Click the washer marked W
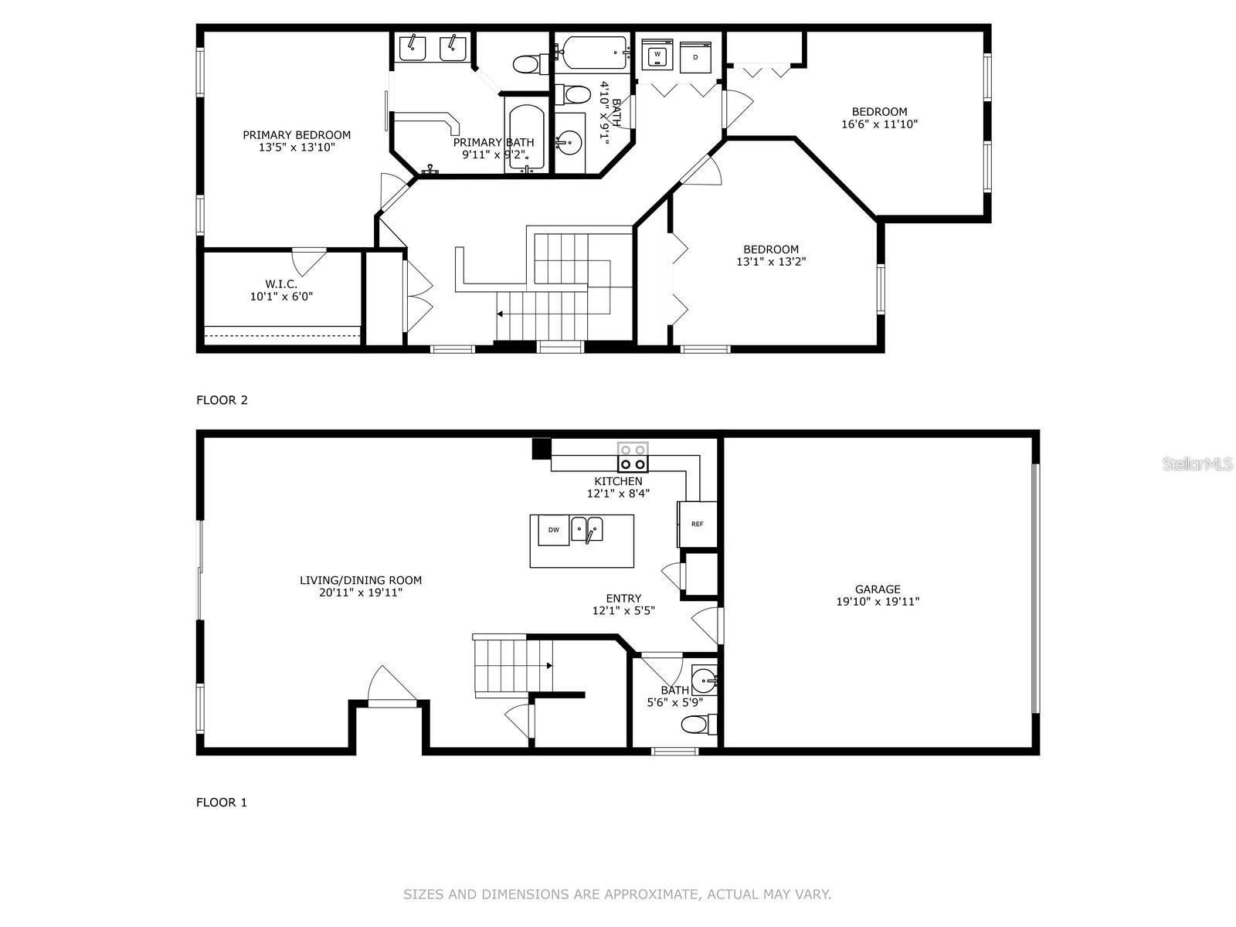pos(657,55)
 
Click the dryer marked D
pos(695,57)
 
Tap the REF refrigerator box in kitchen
pos(697,525)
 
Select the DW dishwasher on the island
pos(553,529)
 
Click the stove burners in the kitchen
pos(633,457)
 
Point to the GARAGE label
pos(878,589)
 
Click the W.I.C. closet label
pos(280,284)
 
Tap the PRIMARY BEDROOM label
pos(297,135)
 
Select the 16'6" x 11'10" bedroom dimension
pos(879,124)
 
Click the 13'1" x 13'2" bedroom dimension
pos(771,262)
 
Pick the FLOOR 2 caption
pos(222,400)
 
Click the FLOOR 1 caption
pos(222,803)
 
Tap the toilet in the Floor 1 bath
pos(698,725)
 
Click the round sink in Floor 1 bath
pos(703,681)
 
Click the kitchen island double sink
pos(587,529)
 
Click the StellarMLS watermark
pos(1197,464)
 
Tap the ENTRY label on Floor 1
pos(623,599)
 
